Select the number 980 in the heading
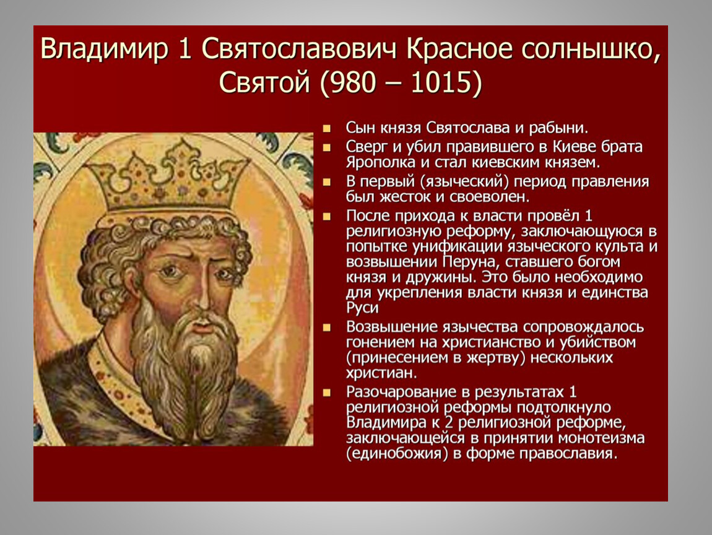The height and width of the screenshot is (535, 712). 354,82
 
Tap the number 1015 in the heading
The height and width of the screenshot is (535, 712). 441,82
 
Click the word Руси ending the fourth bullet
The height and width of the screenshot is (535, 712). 362,308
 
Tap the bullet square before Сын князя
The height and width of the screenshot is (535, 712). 326,129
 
